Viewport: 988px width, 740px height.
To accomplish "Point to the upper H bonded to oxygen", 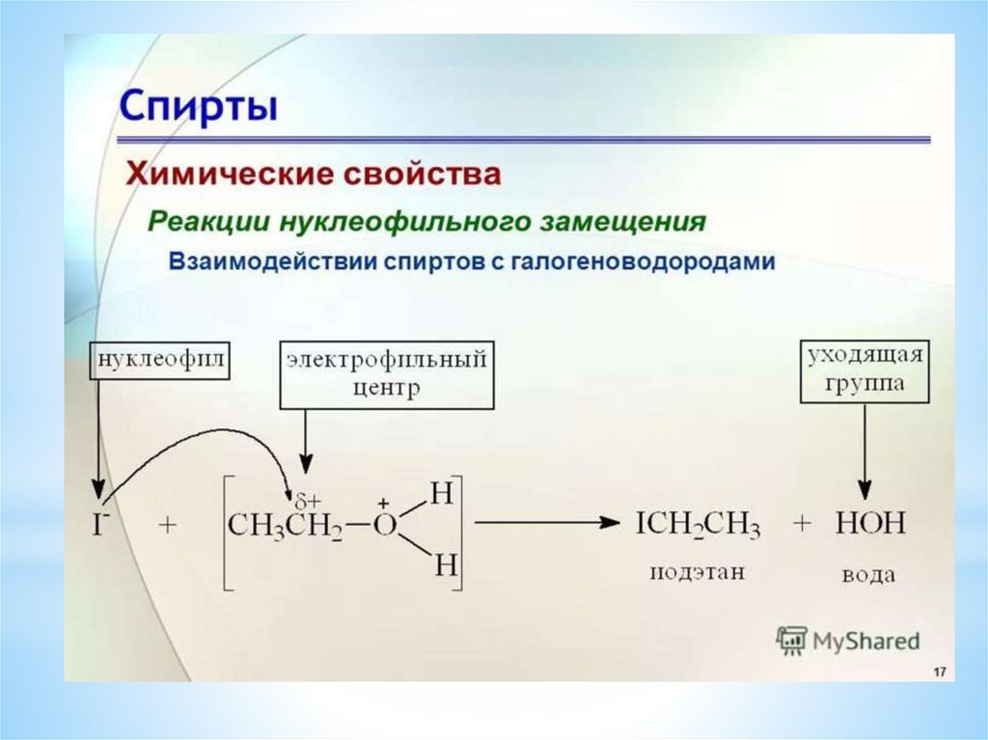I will pos(442,493).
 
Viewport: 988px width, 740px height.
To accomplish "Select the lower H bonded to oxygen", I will pos(443,564).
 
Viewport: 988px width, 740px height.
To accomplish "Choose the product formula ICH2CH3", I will pos(698,525).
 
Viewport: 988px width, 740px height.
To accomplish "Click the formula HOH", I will pos(870,524).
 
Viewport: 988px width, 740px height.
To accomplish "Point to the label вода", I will pos(868,575).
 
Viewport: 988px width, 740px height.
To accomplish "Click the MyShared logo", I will pos(849,640).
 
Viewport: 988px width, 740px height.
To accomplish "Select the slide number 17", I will pos(938,671).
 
